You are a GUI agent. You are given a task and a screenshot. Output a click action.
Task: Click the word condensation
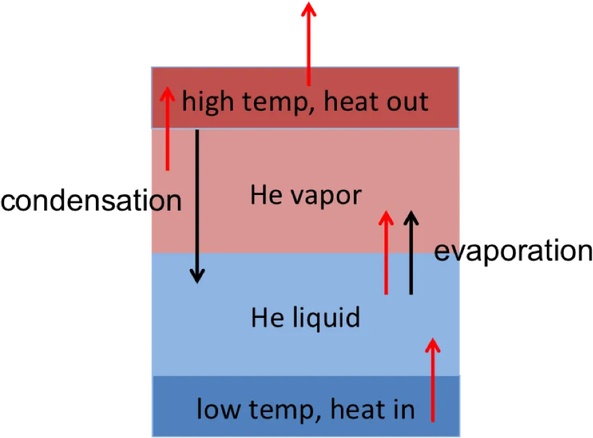click(x=91, y=200)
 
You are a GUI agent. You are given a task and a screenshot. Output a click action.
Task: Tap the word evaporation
click(x=514, y=251)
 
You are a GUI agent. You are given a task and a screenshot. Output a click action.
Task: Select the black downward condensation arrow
click(x=197, y=206)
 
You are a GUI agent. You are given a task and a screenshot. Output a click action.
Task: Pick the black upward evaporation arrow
click(x=411, y=253)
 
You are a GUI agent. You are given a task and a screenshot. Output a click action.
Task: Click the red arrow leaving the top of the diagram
click(x=308, y=44)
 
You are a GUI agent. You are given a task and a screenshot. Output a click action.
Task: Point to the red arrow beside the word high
click(x=168, y=128)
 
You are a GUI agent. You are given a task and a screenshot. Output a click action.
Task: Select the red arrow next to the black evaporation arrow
click(x=386, y=253)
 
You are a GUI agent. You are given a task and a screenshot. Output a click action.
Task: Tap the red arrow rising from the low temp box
click(x=433, y=380)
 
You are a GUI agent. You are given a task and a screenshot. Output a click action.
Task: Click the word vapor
click(x=326, y=197)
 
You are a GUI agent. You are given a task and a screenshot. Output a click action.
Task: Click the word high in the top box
click(x=208, y=102)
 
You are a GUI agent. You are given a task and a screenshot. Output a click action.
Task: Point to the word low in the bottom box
click(x=219, y=409)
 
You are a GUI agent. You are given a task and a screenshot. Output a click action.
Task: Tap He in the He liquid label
click(x=268, y=317)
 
